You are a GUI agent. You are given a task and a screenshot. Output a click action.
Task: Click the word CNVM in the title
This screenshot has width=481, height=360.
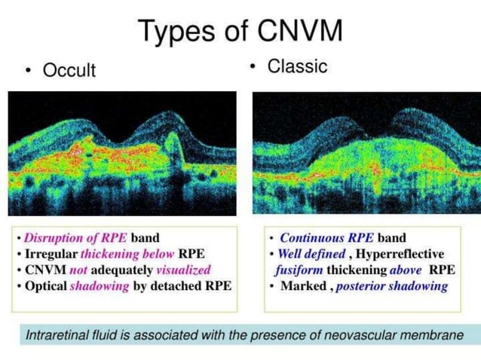(x=300, y=31)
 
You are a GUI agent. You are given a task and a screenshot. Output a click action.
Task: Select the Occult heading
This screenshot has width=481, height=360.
(x=69, y=70)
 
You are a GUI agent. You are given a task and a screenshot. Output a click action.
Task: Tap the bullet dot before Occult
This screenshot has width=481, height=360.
(x=29, y=71)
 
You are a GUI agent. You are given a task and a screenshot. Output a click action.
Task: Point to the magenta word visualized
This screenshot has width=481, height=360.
(x=184, y=269)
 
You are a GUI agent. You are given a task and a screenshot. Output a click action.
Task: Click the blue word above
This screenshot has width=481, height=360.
(x=407, y=270)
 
